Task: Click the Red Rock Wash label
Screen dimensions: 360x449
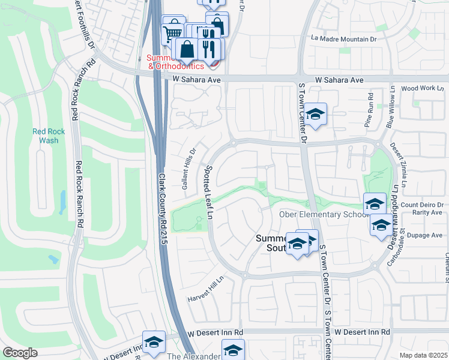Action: (46, 136)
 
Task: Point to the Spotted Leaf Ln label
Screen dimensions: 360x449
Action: (209, 192)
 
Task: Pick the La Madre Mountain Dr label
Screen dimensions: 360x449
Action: (343, 38)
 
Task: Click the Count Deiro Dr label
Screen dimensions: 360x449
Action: (422, 204)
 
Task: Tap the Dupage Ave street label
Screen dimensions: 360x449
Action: (427, 235)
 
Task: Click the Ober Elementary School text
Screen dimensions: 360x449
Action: (323, 215)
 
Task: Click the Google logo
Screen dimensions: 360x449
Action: (20, 353)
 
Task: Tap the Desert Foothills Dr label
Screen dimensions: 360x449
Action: (85, 24)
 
